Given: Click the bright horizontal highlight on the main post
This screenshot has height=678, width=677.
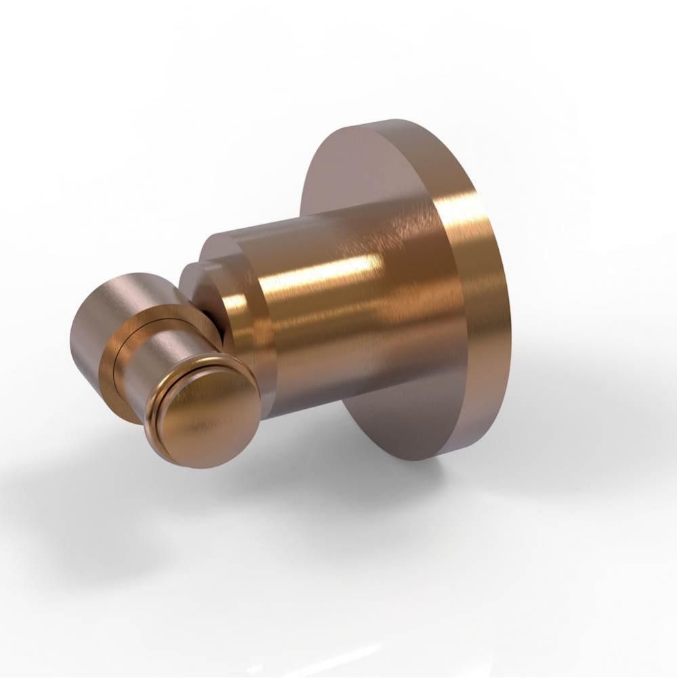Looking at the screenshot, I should point(325,271).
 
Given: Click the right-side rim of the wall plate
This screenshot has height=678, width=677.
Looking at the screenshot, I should point(498,305).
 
